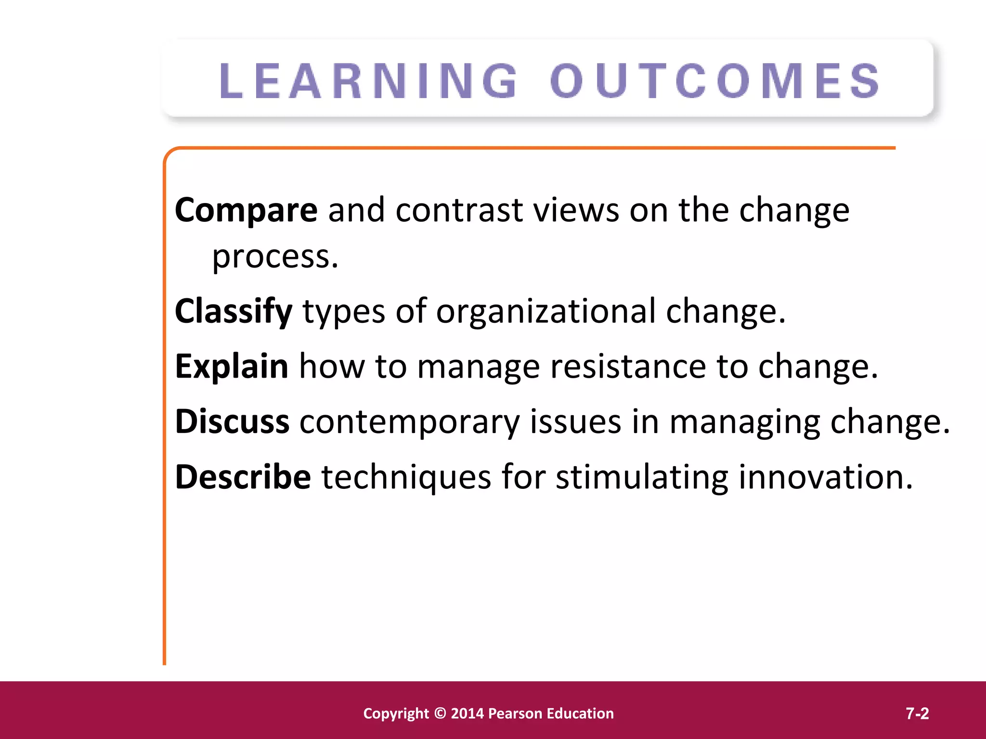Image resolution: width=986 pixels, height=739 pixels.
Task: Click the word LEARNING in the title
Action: tap(368, 82)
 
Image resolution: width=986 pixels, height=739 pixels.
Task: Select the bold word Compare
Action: tap(246, 210)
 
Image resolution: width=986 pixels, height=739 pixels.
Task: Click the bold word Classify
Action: tap(234, 311)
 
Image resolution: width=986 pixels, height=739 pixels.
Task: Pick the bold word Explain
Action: tap(232, 366)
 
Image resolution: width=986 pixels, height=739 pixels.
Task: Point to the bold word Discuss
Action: tap(232, 421)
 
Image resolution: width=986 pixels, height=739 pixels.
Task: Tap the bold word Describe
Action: tap(243, 477)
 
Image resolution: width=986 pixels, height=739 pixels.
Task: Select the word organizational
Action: tap(546, 311)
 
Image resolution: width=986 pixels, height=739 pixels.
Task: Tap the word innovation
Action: tap(825, 477)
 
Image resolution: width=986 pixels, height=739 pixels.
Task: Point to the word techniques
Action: tap(406, 478)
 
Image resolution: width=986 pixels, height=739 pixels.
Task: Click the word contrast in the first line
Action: tap(459, 210)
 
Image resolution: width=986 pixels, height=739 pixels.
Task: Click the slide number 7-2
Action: tap(917, 713)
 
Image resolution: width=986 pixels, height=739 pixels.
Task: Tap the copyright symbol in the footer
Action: tap(440, 713)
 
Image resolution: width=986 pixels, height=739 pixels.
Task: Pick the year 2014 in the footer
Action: tap(467, 713)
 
